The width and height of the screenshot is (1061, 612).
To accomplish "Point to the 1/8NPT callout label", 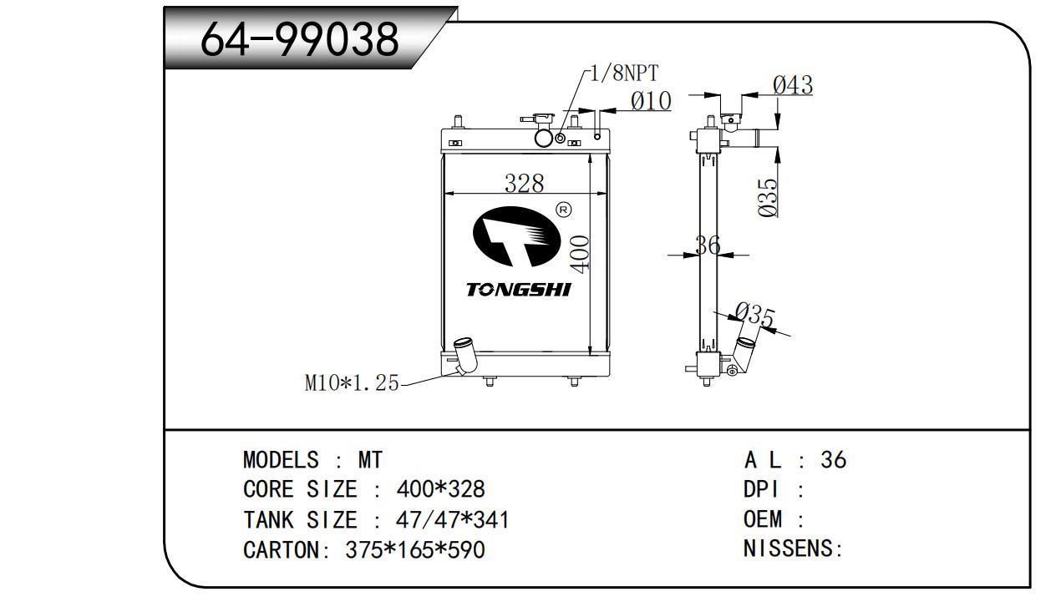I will point(622,73).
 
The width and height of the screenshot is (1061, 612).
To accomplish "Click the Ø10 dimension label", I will point(651,101).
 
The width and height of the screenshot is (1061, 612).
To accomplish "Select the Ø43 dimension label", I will point(792,84).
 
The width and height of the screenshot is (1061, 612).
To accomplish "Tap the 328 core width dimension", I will point(524,183).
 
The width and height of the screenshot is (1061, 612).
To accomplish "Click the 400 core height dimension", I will point(582,252).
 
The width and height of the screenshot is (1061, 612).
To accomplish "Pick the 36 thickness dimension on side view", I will point(708,245).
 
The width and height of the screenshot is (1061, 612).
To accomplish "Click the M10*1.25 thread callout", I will point(352,383).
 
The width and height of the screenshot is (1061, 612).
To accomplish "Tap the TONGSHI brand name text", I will point(518,290).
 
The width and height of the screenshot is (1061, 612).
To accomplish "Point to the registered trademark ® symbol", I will point(563,209).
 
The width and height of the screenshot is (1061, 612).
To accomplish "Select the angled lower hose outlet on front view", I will point(464,357).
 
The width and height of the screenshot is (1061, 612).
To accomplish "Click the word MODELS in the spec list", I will point(281,460).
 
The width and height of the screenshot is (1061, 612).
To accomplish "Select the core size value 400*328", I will point(439,490).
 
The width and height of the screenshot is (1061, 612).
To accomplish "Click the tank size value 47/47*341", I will point(451,520).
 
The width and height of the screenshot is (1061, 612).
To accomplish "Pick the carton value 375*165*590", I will point(414,550).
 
